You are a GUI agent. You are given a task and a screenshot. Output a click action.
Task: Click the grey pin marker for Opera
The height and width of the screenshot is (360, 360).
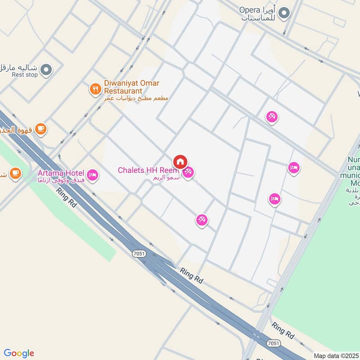pyautogui.click(x=283, y=14)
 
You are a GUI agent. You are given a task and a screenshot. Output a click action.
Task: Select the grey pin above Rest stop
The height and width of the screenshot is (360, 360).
pyautogui.click(x=46, y=70)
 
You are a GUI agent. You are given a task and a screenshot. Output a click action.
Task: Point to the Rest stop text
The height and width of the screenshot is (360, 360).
pyautogui.click(x=25, y=75)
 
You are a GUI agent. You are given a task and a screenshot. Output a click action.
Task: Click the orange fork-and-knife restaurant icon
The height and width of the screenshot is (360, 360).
pyautogui.click(x=95, y=89)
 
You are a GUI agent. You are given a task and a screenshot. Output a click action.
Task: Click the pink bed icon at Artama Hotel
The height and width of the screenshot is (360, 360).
pyautogui.click(x=92, y=174)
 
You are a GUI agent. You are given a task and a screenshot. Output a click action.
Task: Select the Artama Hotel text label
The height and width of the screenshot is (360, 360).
pyautogui.click(x=61, y=173)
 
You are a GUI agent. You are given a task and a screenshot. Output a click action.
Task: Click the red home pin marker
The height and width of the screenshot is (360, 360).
pyautogui.click(x=180, y=162)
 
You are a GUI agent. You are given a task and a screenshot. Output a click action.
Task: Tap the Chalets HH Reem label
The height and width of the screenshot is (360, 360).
pyautogui.click(x=148, y=170)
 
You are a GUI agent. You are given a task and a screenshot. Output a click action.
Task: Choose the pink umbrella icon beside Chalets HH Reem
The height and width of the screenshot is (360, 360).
pyautogui.click(x=188, y=171)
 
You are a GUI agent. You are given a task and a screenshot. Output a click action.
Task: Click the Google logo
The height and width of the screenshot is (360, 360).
pyautogui.click(x=18, y=353)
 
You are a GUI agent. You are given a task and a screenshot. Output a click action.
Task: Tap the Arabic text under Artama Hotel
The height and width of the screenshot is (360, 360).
pyautogui.click(x=63, y=180)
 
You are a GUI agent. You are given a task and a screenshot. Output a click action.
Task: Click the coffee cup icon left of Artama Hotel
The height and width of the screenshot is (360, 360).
pyautogui.click(x=15, y=172)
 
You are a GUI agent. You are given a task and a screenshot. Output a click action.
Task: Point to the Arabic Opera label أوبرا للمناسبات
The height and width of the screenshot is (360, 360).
pyautogui.click(x=258, y=14)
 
